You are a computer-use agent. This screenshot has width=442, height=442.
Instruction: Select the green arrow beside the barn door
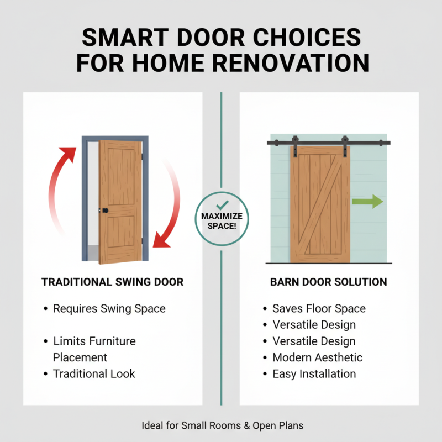pyautogui.click(x=368, y=201)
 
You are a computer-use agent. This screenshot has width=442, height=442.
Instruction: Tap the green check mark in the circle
pyautogui.click(x=222, y=204)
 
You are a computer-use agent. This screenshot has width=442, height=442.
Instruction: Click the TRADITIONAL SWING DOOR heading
pyautogui.click(x=113, y=282)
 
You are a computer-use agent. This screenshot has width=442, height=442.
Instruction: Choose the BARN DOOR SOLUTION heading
pyautogui.click(x=329, y=282)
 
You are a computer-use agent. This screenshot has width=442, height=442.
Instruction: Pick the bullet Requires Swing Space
pyautogui.click(x=109, y=308)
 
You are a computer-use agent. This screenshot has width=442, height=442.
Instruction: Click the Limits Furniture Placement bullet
pyautogui.click(x=94, y=349)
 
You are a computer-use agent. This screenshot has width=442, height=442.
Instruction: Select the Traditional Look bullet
pyautogui.click(x=94, y=373)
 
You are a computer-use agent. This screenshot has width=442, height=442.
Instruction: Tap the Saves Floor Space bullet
pyautogui.click(x=319, y=308)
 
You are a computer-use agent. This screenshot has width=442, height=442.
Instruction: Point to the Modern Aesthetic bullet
pyautogui.click(x=317, y=357)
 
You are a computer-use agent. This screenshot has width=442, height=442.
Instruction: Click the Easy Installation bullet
pyautogui.click(x=314, y=374)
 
